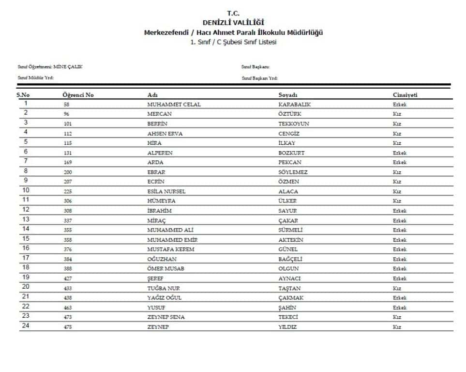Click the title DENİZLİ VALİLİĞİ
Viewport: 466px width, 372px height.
[233, 22]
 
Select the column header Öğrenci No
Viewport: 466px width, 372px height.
[78, 95]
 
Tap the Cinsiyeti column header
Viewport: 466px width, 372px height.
[405, 95]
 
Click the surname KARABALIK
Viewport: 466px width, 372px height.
[294, 105]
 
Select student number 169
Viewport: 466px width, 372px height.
[67, 163]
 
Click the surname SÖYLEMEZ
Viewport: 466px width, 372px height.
[293, 172]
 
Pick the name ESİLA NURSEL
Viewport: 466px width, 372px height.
[166, 192]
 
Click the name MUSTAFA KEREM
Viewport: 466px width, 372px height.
[170, 249]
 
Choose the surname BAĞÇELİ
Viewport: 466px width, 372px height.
[290, 259]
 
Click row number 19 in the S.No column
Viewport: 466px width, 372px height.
[26, 278]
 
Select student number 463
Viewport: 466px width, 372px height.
[67, 308]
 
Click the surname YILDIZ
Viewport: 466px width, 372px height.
[287, 327]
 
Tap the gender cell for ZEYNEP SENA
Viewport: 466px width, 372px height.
[397, 317]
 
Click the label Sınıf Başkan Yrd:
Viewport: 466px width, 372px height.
[259, 78]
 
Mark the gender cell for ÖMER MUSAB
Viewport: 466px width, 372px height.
[400, 269]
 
